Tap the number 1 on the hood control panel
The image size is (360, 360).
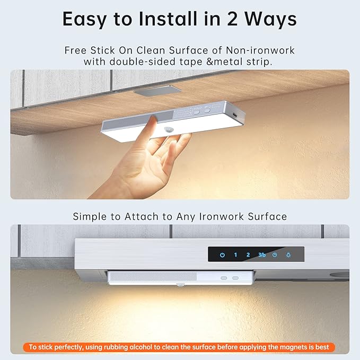[x=235, y=255]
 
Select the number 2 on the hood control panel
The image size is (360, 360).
[x=248, y=255]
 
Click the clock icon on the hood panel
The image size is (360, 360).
[x=275, y=255]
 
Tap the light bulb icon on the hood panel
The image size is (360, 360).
[x=288, y=255]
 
